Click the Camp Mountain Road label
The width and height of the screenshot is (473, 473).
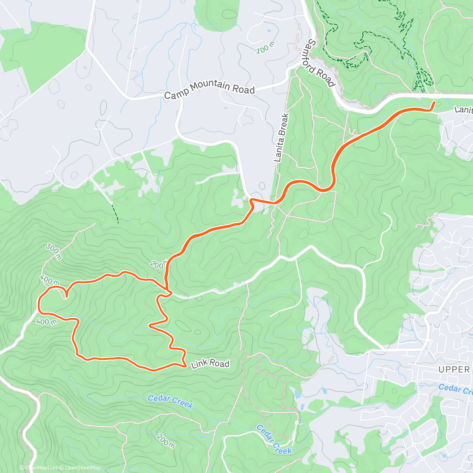[x=209, y=89]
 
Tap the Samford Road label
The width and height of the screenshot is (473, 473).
[x=321, y=63]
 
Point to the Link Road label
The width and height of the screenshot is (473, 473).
[x=210, y=363]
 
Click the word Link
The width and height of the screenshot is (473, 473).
[x=199, y=364]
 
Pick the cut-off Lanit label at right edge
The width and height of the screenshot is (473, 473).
[x=464, y=109]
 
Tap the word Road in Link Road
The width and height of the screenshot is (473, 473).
[x=220, y=363]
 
